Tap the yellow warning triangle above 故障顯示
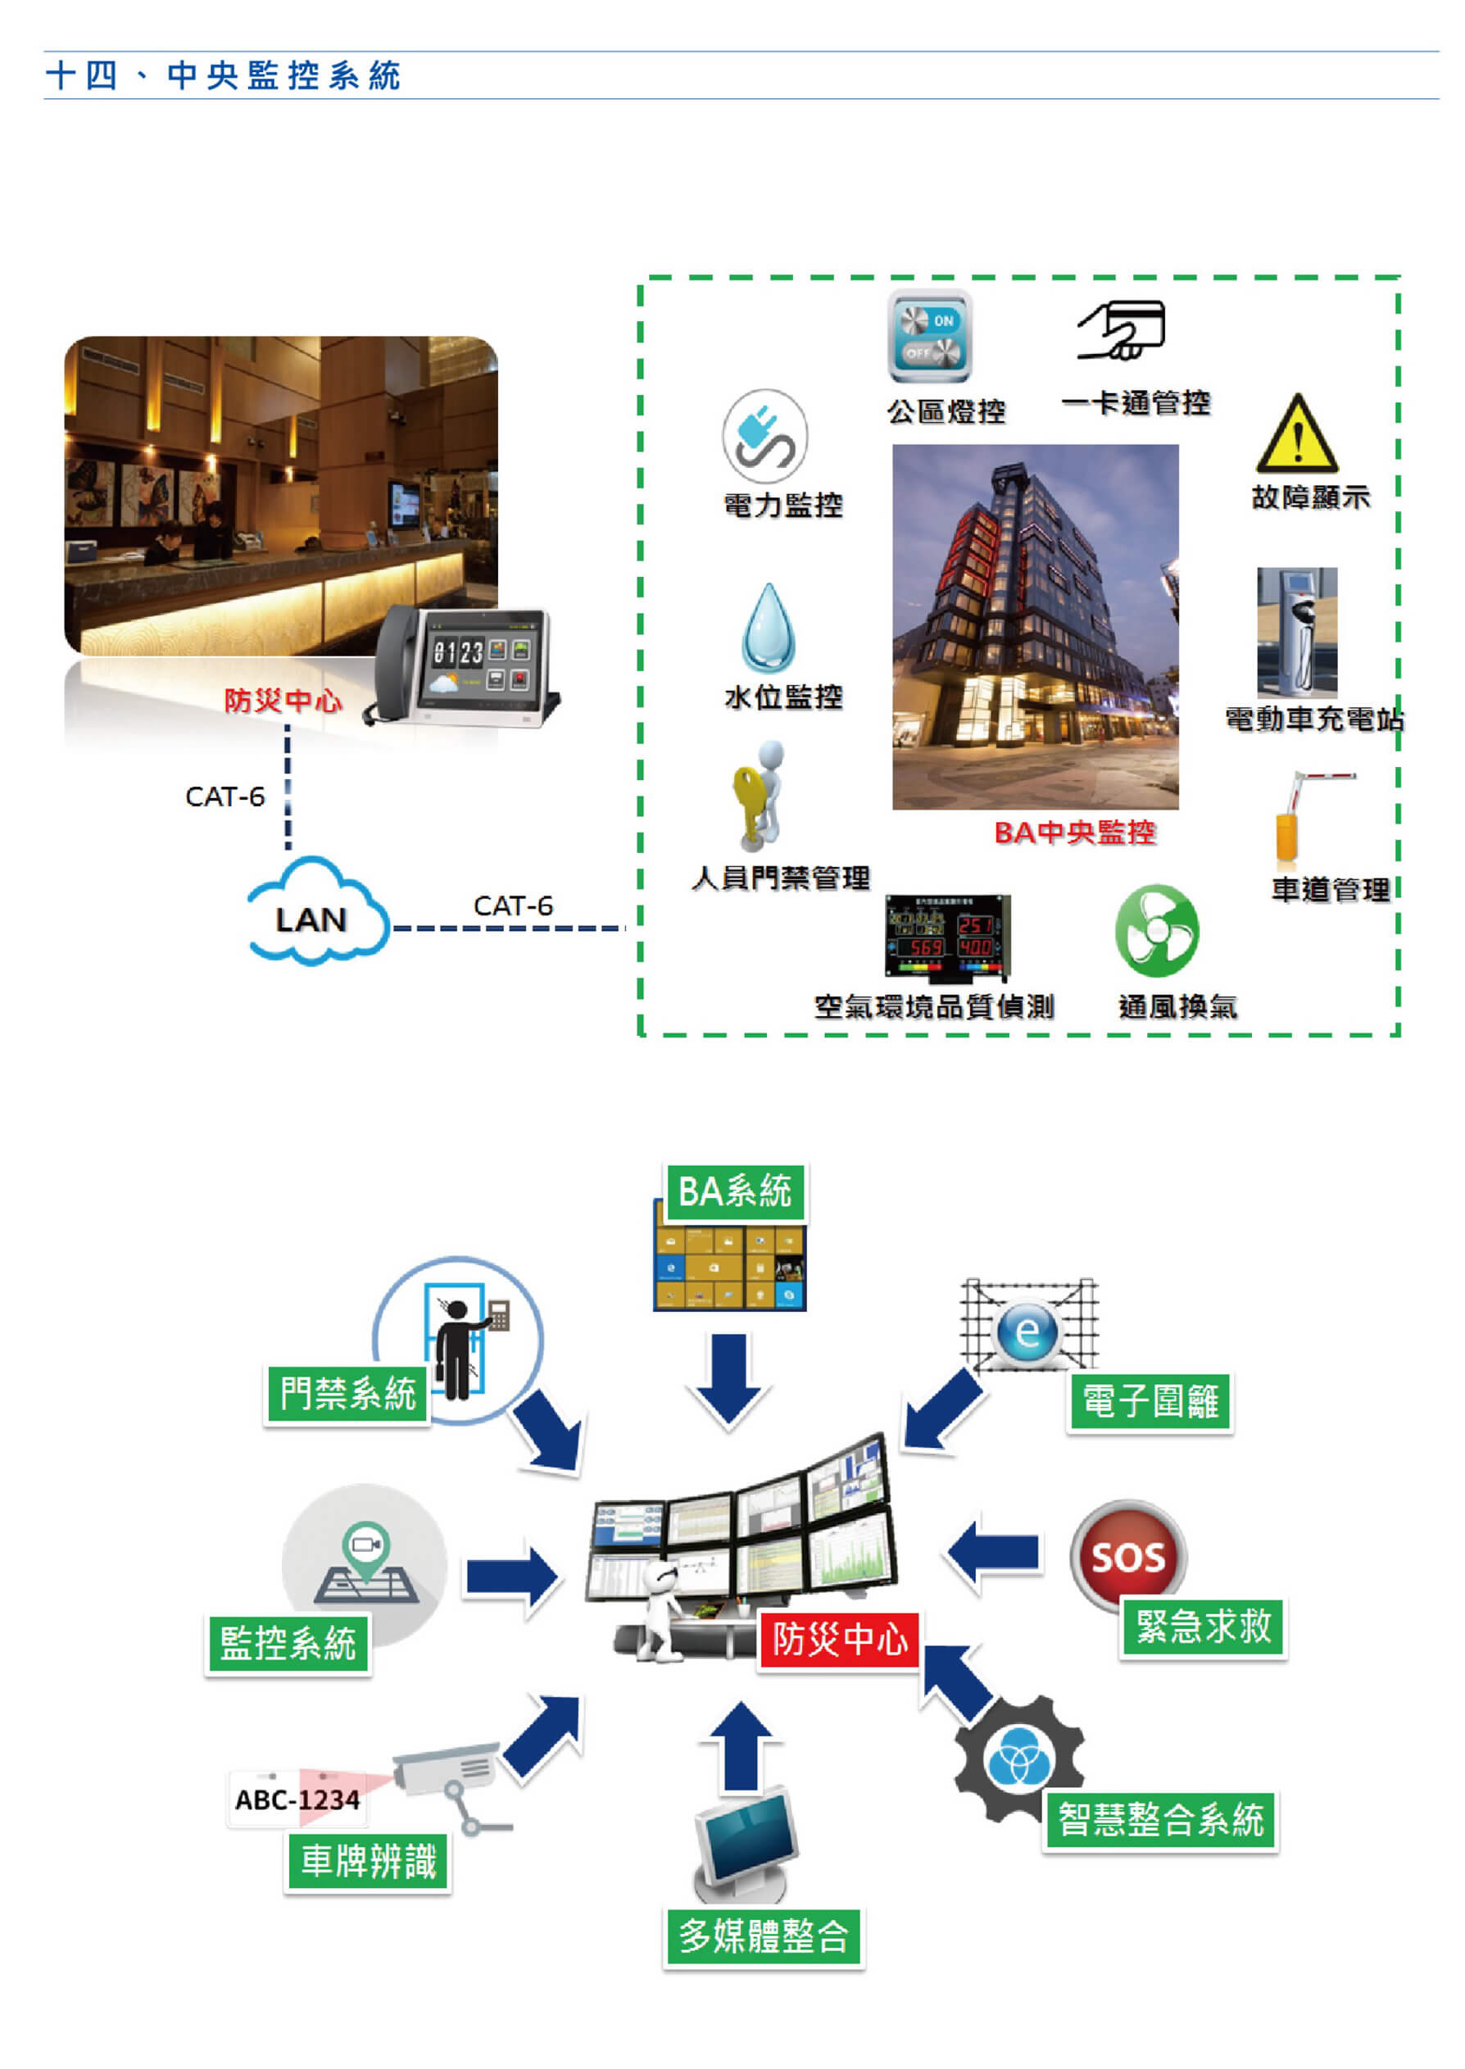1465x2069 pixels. [1296, 437]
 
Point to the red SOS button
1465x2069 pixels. [1127, 1557]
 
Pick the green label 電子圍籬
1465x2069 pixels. [1150, 1401]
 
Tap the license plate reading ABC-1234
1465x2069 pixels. [297, 1800]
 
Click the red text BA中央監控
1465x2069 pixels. [1073, 832]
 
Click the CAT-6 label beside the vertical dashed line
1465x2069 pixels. [225, 796]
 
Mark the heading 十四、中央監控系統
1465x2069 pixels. [223, 75]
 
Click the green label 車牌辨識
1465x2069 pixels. [367, 1861]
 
